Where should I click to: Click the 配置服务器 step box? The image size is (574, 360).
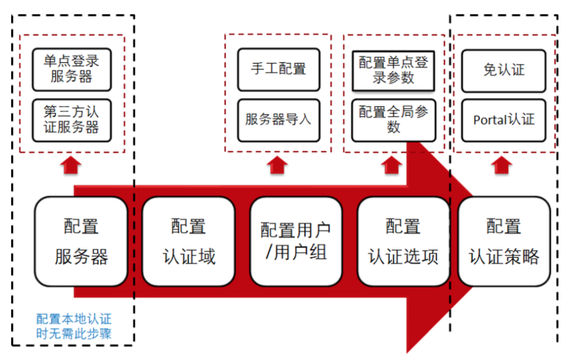coord(81,241)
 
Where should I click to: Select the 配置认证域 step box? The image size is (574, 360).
coord(189,241)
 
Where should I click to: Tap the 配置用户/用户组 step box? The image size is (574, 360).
coord(296,241)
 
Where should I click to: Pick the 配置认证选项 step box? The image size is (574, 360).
coord(403,241)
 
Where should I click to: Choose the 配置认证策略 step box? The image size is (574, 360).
coord(504,241)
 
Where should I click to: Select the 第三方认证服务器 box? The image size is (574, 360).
coord(72,120)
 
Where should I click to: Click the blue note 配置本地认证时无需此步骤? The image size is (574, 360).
coord(74,327)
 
